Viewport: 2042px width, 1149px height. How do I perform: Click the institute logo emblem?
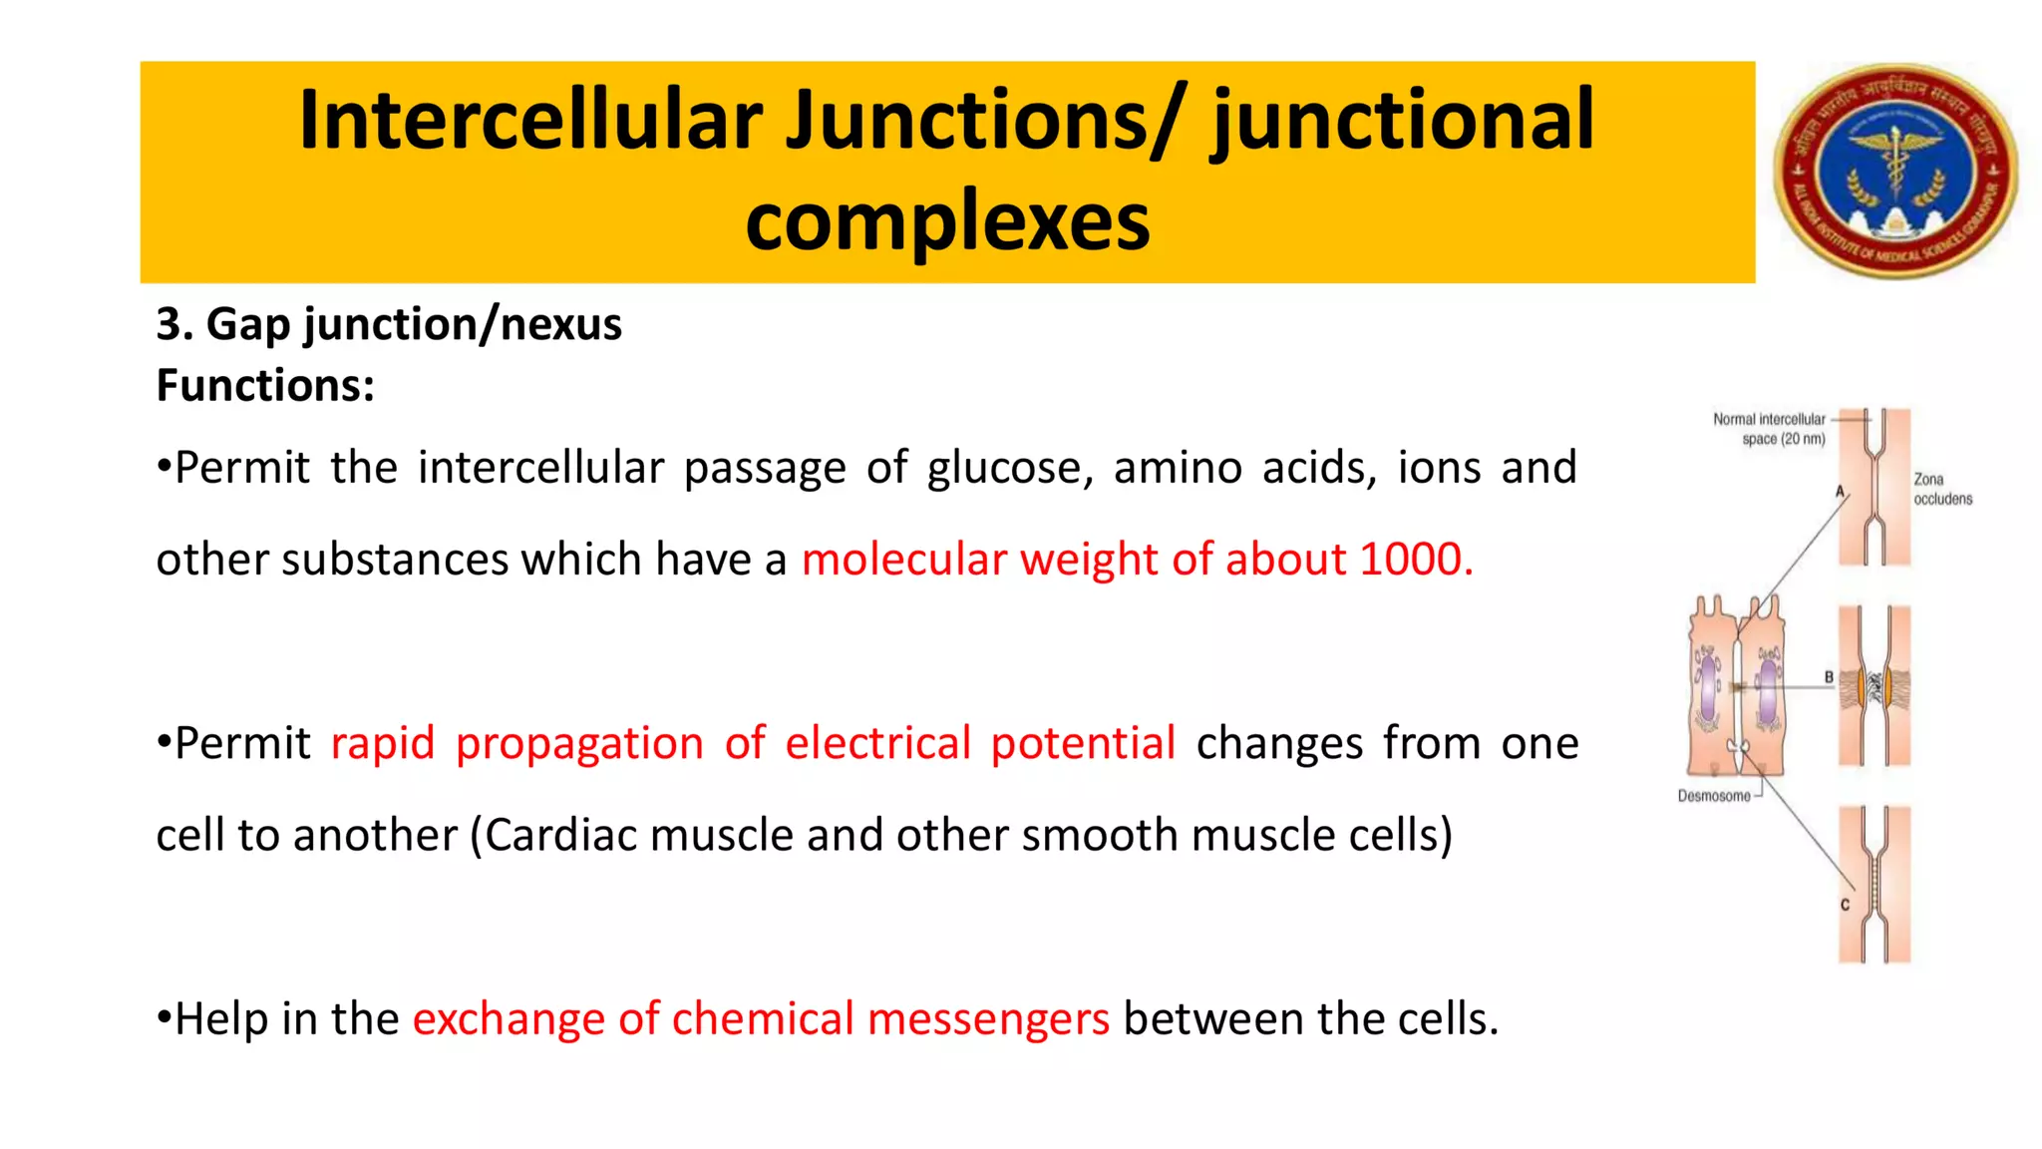point(1895,171)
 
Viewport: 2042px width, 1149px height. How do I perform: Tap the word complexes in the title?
point(947,221)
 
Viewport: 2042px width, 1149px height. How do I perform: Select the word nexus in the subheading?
point(560,324)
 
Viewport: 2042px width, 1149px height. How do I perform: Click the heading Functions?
point(265,385)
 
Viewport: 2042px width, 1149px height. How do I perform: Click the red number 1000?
point(1416,559)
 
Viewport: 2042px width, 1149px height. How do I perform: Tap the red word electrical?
point(877,743)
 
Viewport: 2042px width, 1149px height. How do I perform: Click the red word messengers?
point(988,1018)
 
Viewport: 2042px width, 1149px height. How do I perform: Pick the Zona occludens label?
point(1941,489)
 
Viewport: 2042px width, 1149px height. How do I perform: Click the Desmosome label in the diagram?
point(1714,796)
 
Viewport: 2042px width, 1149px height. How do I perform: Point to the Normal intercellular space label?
point(1770,429)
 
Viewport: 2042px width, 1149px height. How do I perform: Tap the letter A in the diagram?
point(1840,491)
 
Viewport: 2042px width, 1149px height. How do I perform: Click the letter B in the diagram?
point(1829,677)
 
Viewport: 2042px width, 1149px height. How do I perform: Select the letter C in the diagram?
point(1845,905)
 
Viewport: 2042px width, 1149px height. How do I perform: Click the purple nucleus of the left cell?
point(1708,687)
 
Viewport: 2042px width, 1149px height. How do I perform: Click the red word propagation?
point(579,743)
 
